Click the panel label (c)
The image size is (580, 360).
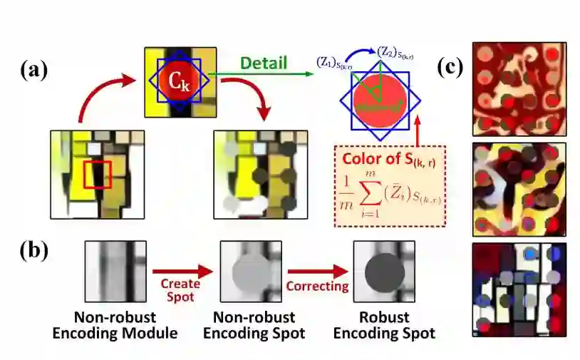(450, 67)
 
